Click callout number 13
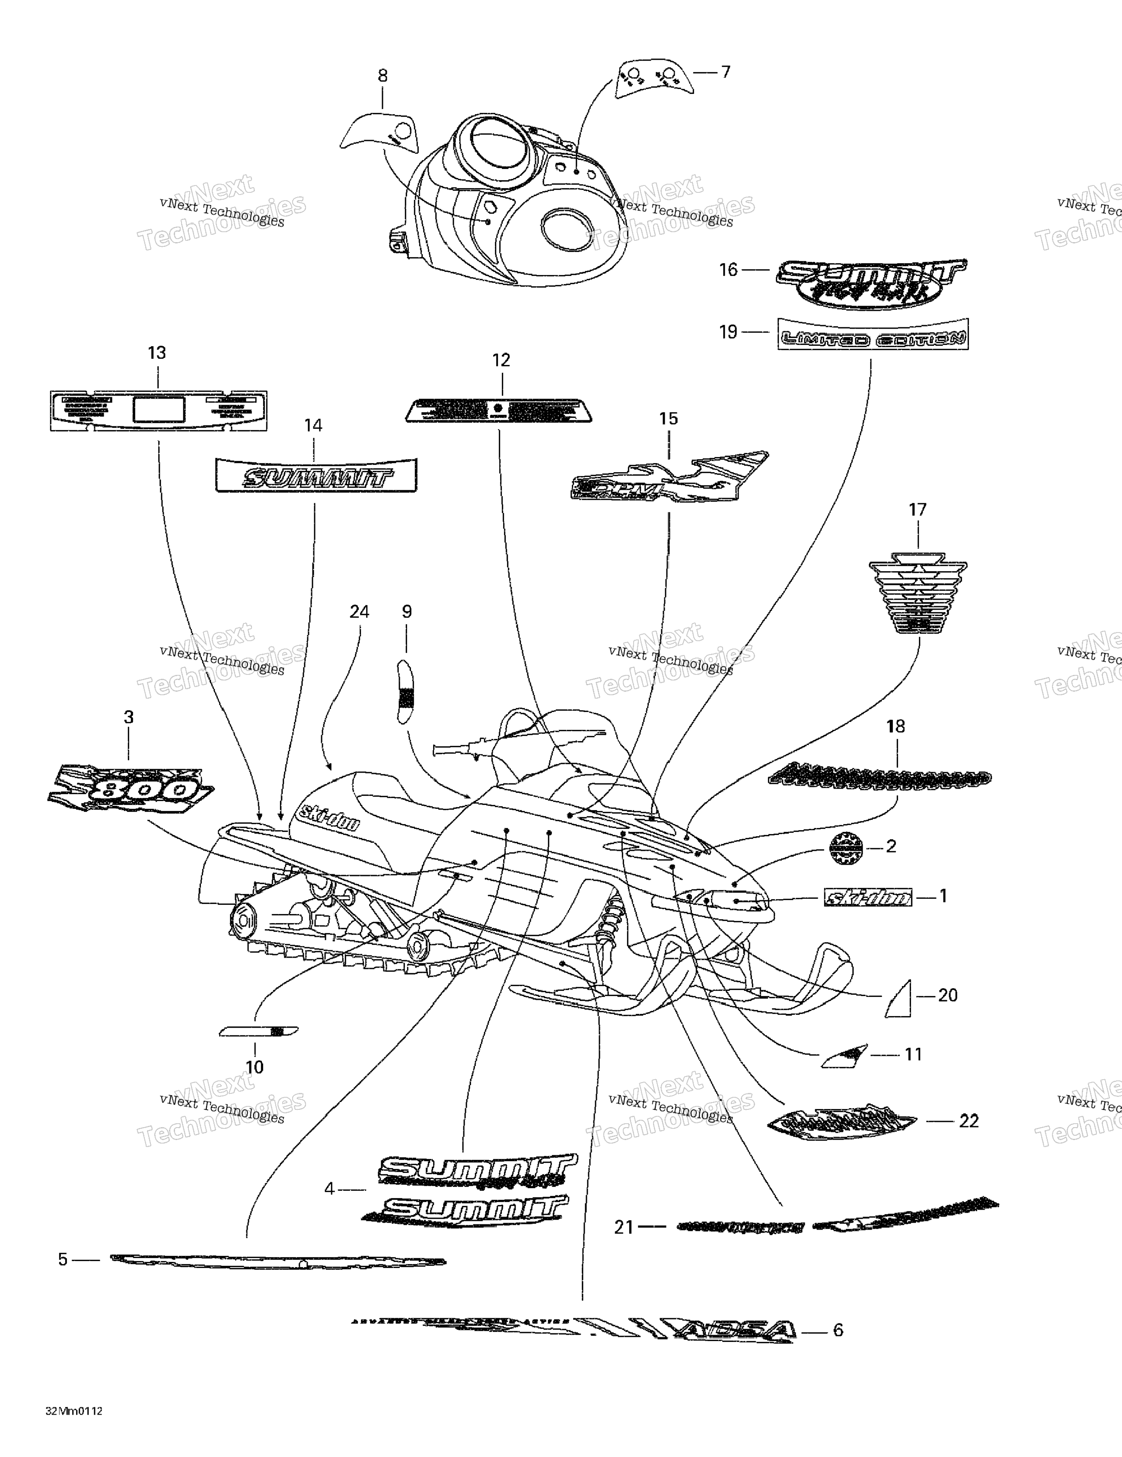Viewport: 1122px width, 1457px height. [x=157, y=353]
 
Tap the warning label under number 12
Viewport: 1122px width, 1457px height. [x=498, y=410]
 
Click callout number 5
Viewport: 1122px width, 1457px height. [x=63, y=1259]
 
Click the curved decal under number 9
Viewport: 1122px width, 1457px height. [x=405, y=691]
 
